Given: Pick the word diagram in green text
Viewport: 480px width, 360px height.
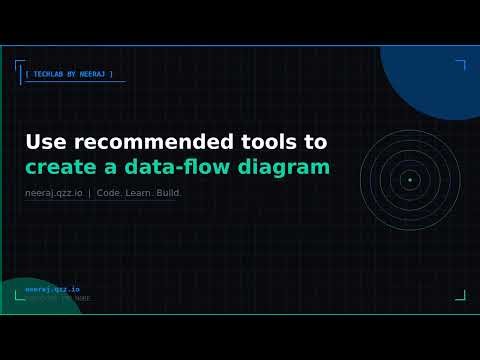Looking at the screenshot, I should [291, 168].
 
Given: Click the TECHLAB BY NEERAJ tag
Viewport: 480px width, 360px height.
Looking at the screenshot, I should [69, 74].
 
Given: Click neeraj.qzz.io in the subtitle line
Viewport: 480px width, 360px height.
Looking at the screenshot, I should [54, 193].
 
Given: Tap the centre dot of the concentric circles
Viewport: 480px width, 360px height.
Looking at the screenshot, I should [409, 180].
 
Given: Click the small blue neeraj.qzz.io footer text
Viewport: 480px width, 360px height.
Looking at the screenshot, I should [52, 289].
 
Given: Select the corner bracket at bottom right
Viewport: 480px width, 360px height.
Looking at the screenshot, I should [461, 295].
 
